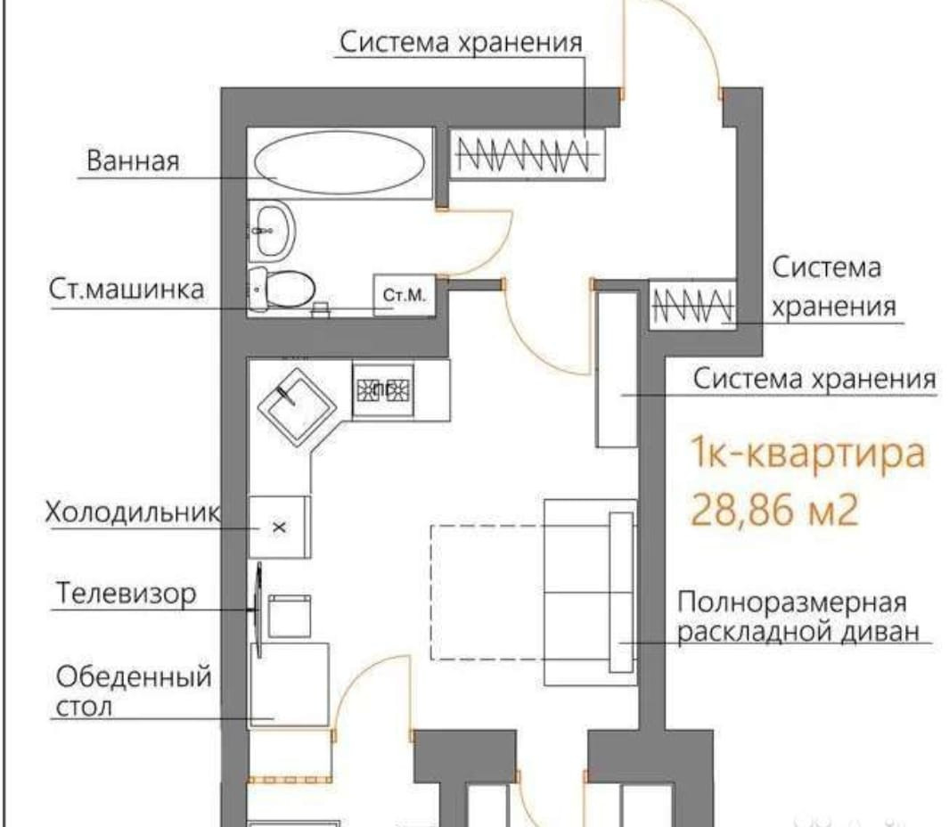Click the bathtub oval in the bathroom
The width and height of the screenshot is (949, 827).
[340, 162]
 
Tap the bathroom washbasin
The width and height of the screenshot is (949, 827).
[274, 231]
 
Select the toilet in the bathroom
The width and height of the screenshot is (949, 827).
[282, 290]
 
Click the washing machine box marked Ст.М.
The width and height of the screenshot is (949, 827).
[405, 296]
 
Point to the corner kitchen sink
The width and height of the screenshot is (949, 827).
[297, 406]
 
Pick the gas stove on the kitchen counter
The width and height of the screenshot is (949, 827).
[383, 390]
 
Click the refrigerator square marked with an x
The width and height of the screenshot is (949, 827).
[279, 527]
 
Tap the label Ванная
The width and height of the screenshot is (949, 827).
[133, 161]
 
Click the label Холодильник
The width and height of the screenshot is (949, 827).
[133, 512]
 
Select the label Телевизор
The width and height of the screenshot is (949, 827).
[127, 594]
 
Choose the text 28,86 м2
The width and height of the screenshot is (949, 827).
[774, 510]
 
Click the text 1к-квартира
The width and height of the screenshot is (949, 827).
[808, 453]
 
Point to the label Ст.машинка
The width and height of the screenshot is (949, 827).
[127, 290]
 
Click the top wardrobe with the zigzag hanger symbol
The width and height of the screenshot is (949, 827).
[528, 153]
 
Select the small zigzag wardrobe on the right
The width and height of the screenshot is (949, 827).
[692, 304]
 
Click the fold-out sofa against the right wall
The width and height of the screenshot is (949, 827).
[590, 592]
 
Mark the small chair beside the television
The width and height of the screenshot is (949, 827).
[290, 616]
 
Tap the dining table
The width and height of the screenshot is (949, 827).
[290, 685]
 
